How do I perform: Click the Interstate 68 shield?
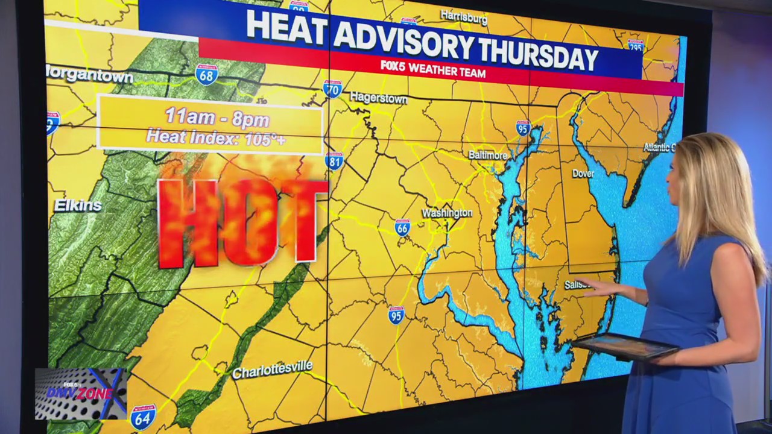[206, 74]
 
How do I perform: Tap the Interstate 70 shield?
[332, 88]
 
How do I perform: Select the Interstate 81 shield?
[334, 160]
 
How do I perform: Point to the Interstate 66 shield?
[402, 227]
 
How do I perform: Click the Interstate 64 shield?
[143, 417]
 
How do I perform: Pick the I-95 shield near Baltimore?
[523, 128]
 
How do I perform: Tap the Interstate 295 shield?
[636, 46]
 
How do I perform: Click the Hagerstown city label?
[378, 98]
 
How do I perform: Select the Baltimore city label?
[487, 155]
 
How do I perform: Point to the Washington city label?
[447, 213]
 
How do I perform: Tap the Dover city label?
[583, 174]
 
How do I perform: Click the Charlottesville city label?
[273, 369]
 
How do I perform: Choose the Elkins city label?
[78, 206]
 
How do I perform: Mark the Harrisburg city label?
[463, 17]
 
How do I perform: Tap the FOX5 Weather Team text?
[433, 69]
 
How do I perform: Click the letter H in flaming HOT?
[186, 223]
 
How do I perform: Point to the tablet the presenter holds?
[625, 346]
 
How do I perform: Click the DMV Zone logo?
[80, 394]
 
